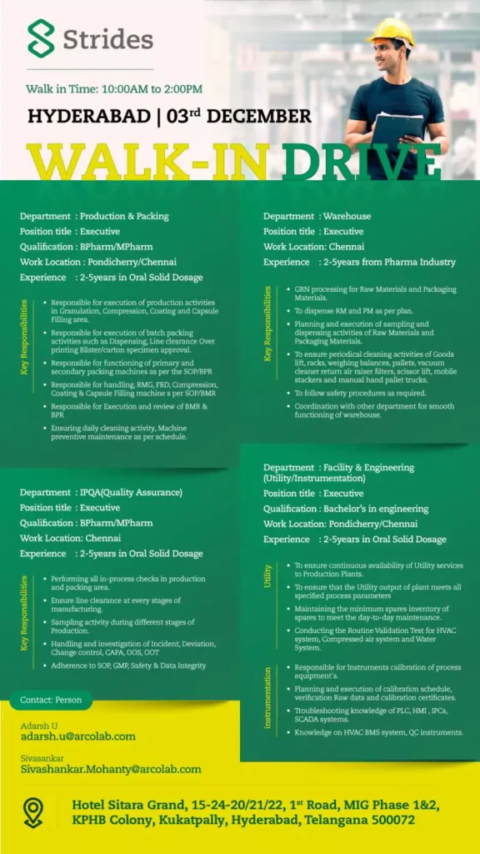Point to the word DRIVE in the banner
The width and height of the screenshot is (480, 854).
coord(360,163)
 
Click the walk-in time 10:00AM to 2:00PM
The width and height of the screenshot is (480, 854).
coord(150,88)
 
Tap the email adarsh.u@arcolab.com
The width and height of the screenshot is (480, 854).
coord(77,736)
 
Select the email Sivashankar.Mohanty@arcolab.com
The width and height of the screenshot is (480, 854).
coord(110,769)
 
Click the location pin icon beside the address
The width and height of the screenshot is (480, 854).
coord(33,812)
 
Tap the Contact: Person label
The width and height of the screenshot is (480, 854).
coord(51,700)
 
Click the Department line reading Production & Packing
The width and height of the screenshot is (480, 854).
coord(94,216)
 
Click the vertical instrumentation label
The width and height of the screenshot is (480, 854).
coord(268,697)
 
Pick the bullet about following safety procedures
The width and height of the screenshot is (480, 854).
coord(360,393)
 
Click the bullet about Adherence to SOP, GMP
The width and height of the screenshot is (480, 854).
coord(128,666)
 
